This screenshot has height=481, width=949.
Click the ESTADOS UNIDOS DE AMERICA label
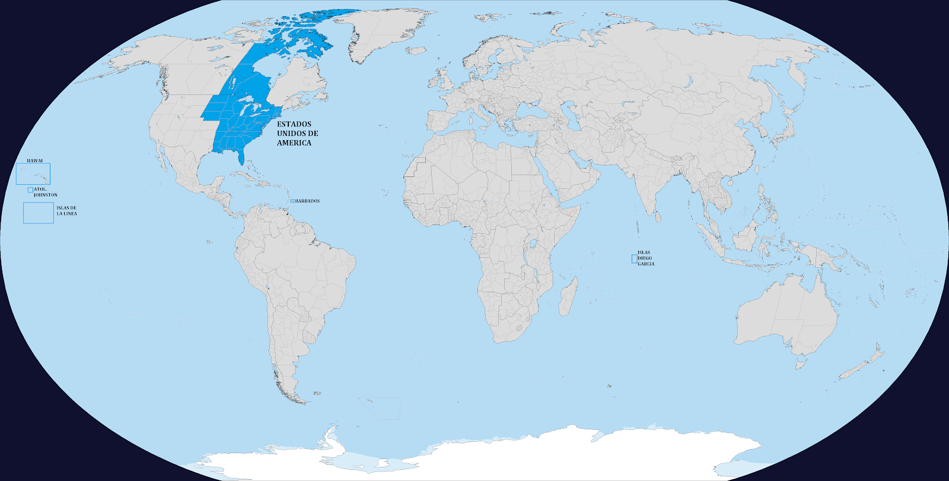pyautogui.click(x=297, y=134)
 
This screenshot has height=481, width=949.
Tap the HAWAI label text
pyautogui.click(x=34, y=161)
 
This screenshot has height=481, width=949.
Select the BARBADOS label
pyautogui.click(x=307, y=201)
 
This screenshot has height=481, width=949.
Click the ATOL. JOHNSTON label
pyautogui.click(x=46, y=192)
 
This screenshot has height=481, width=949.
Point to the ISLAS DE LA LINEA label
pyautogui.click(x=66, y=211)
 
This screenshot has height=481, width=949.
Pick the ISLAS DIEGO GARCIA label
pyautogui.click(x=646, y=258)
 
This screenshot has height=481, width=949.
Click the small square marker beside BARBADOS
pyautogui.click(x=292, y=201)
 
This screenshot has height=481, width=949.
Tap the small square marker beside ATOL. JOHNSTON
pyautogui.click(x=30, y=190)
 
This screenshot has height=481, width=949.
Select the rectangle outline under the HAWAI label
pyautogui.click(x=33, y=174)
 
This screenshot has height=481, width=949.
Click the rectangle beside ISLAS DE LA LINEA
pyautogui.click(x=39, y=213)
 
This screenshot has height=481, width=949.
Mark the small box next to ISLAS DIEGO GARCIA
pyautogui.click(x=633, y=258)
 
